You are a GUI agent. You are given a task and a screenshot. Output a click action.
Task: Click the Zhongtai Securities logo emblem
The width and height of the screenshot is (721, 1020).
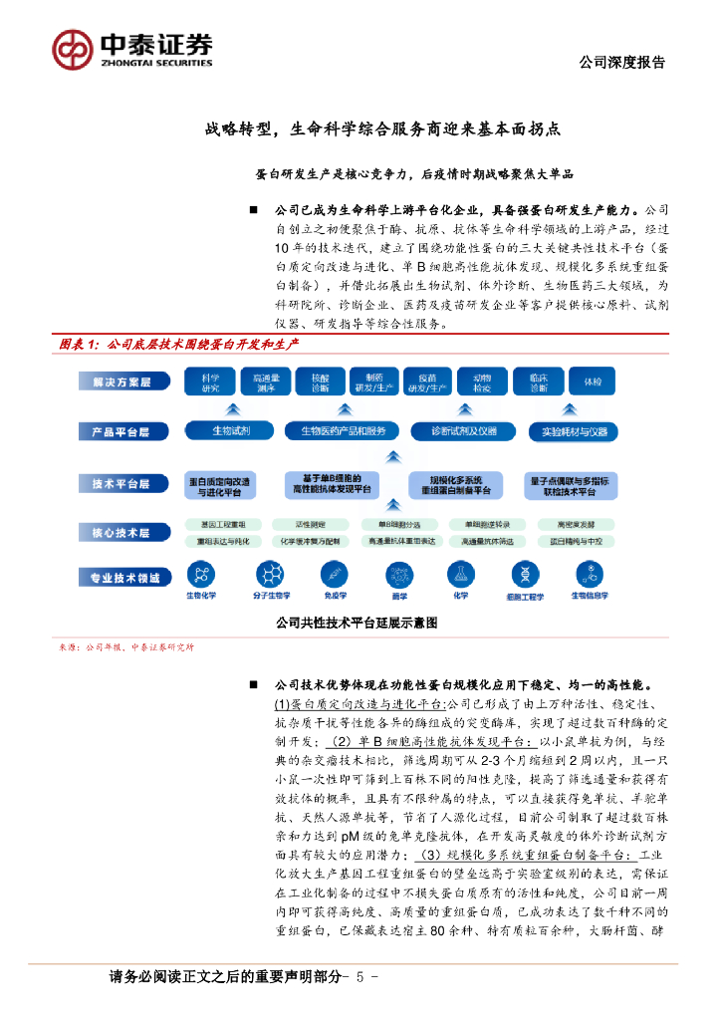[73, 47]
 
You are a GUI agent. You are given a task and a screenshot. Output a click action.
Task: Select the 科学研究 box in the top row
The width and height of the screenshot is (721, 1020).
[210, 382]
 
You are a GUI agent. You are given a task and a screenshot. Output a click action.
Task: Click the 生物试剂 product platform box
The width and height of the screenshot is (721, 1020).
[230, 431]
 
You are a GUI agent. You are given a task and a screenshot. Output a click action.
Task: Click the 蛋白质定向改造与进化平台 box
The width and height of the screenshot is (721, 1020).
[218, 485]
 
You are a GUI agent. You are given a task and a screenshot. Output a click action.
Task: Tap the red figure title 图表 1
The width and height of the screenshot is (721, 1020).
[81, 343]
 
